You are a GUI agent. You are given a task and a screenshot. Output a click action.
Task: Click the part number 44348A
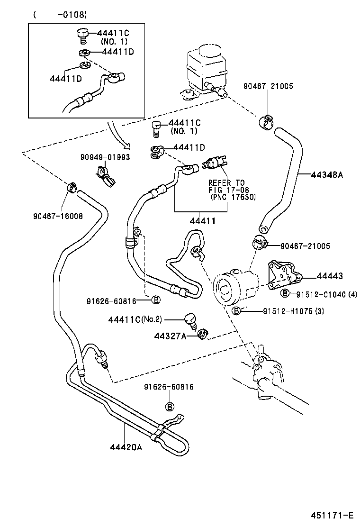326,175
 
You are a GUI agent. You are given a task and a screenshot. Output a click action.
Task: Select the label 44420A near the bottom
126,446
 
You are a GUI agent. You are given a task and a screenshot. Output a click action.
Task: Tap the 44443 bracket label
330,276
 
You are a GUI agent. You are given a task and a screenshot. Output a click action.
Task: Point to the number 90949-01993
105,157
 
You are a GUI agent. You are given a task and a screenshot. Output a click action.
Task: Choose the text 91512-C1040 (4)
327,294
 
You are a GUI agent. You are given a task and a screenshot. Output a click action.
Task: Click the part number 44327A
168,336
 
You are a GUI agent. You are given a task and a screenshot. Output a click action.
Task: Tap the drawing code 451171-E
332,515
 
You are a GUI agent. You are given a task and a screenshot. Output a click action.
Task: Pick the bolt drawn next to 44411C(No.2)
191,321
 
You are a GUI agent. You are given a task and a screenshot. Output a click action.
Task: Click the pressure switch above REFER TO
213,164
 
